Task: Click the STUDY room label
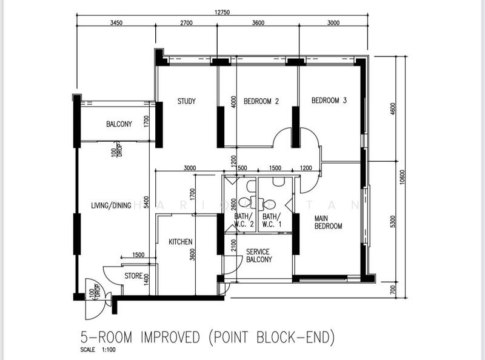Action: point(186,101)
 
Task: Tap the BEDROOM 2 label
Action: point(261,101)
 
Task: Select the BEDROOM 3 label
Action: point(329,101)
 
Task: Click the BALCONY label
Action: point(119,124)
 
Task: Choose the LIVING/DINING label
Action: point(111,205)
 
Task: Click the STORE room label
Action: point(133,276)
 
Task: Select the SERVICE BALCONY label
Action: point(258,255)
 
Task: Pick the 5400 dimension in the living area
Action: point(147,201)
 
